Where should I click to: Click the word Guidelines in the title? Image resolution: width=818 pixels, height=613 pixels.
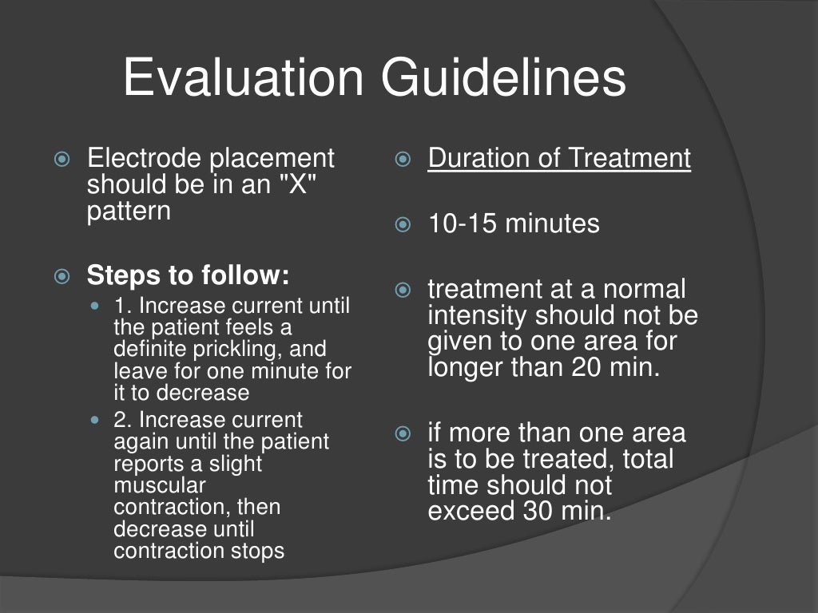[503, 79]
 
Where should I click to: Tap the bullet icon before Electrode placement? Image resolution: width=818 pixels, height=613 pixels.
[62, 159]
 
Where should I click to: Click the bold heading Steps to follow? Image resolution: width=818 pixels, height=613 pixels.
[188, 276]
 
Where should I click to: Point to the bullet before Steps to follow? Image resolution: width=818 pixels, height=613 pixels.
[62, 277]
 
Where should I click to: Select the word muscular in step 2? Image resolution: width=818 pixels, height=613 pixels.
[160, 485]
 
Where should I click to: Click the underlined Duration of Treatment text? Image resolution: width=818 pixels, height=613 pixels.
[559, 158]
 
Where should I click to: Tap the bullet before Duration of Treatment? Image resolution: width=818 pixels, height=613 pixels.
[403, 159]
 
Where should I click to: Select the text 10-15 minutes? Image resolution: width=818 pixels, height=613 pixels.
[514, 223]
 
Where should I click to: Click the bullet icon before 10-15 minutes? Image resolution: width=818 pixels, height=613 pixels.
[403, 224]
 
